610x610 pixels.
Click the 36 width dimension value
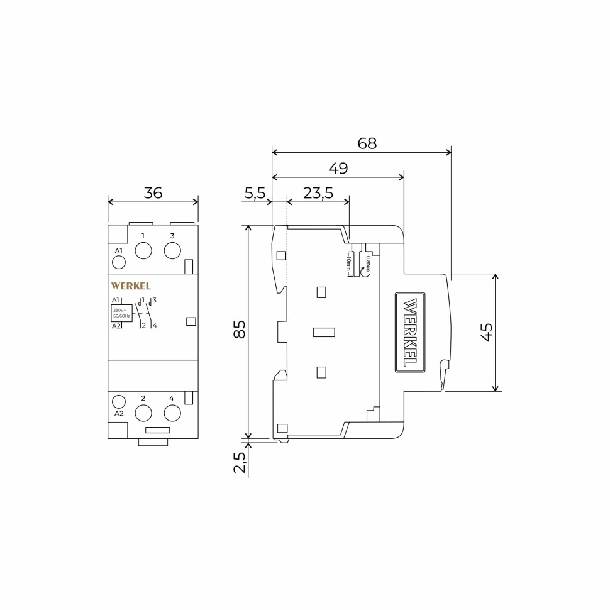coord(153,193)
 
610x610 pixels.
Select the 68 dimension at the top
coord(367,143)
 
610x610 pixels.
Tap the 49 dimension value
coord(338,168)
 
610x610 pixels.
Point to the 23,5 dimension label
coord(318,193)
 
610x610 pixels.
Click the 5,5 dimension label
coord(255,193)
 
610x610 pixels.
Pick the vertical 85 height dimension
coord(240,330)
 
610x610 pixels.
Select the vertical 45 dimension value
coord(486,332)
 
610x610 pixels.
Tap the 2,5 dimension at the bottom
coord(240,462)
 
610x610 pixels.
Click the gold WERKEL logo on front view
coord(131,286)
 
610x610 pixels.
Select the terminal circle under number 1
coord(143,250)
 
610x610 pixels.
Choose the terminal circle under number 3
coord(172,250)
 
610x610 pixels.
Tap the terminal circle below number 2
coord(143,413)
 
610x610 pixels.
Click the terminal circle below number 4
coord(172,413)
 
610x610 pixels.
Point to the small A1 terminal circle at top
coord(118,262)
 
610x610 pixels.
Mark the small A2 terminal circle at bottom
coord(118,401)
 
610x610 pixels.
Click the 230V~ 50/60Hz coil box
coord(121,313)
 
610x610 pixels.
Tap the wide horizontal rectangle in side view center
coord(324,332)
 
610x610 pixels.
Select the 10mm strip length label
coord(348,263)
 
